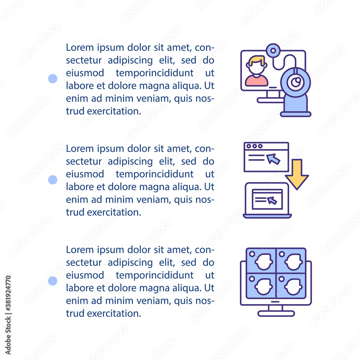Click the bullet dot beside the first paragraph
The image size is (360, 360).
click(53, 78)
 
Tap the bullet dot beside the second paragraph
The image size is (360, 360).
click(53, 180)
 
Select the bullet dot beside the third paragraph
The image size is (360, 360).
click(53, 281)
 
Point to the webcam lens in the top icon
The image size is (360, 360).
click(296, 82)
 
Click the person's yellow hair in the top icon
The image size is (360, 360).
click(256, 60)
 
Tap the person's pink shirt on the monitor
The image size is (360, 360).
click(256, 81)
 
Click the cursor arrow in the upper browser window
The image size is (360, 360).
click(273, 159)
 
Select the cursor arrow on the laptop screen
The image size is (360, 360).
click(272, 200)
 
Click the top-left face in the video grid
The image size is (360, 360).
click(264, 262)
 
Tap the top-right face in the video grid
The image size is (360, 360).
click(293, 262)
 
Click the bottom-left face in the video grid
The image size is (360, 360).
click(264, 287)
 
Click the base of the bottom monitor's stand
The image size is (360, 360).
click(276, 314)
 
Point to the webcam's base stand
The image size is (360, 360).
click(296, 114)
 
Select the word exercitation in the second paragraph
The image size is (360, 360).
click(114, 212)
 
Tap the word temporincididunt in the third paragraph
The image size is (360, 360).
click(154, 275)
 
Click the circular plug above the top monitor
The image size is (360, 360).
click(273, 50)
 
